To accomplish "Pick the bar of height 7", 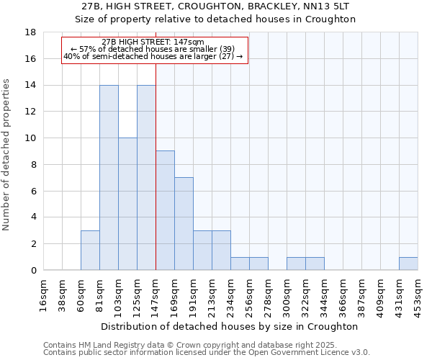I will [x=184, y=224].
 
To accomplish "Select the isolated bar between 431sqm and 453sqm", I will [x=408, y=264].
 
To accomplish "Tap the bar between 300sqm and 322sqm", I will [x=296, y=264].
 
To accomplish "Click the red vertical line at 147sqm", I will [x=156, y=180].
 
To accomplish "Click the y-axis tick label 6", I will [x=33, y=191].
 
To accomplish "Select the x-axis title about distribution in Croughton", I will [x=230, y=326].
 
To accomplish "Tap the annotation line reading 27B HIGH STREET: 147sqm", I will [x=153, y=42].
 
